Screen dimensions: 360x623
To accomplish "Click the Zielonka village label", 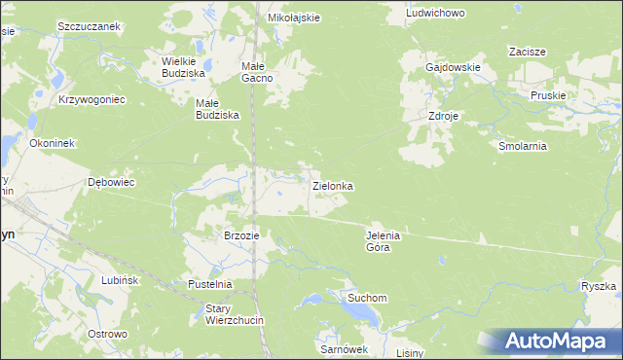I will pyautogui.click(x=332, y=185).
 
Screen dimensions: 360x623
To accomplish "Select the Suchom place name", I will pyautogui.click(x=369, y=298).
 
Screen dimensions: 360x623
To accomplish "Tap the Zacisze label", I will pyautogui.click(x=526, y=52).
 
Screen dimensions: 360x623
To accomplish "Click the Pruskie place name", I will pyautogui.click(x=548, y=94).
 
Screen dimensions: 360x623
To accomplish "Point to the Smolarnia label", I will pyautogui.click(x=523, y=146).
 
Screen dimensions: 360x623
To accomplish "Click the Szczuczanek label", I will pyautogui.click(x=89, y=26).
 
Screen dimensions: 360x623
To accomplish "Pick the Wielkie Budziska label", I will pyautogui.click(x=182, y=66).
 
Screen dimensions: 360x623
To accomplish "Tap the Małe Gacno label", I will pyautogui.click(x=260, y=72).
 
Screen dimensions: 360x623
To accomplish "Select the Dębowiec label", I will pyautogui.click(x=111, y=182).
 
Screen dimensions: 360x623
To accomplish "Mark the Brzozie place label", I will pyautogui.click(x=241, y=235).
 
